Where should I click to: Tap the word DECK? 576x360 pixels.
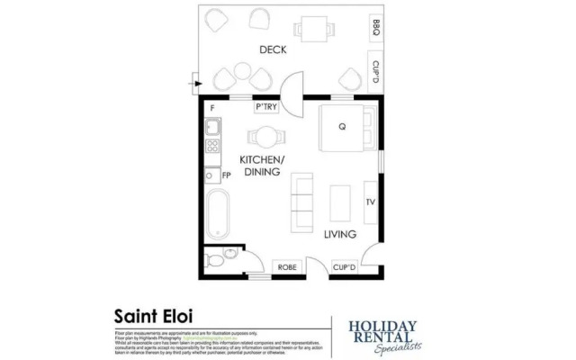273,50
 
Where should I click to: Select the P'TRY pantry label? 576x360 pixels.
265,108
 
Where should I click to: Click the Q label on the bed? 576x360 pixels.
343,127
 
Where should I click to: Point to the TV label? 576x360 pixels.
370,202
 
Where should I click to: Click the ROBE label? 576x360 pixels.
287,267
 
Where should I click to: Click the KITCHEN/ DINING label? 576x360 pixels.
262,165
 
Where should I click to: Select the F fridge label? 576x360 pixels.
212,109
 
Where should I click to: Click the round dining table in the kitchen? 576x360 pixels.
266,137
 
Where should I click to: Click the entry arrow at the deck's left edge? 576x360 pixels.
193,84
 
